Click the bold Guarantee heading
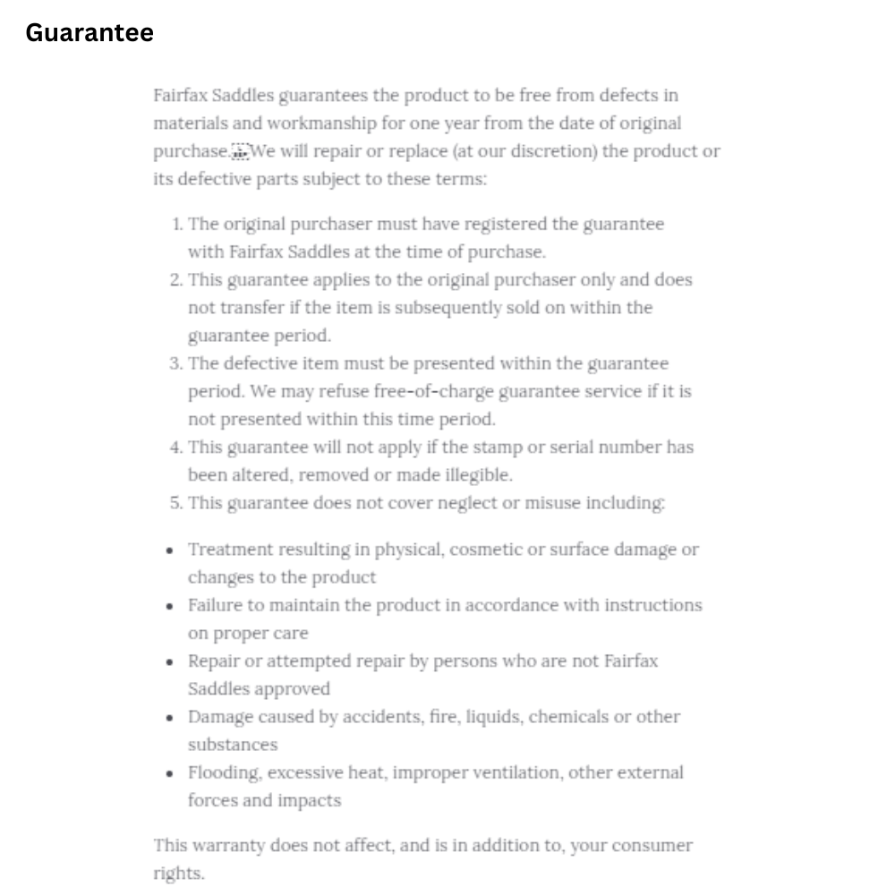[89, 33]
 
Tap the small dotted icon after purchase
[239, 151]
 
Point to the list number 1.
[177, 224]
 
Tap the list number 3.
[175, 363]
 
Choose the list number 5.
[175, 503]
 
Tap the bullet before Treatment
[170, 550]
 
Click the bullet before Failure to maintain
[170, 606]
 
